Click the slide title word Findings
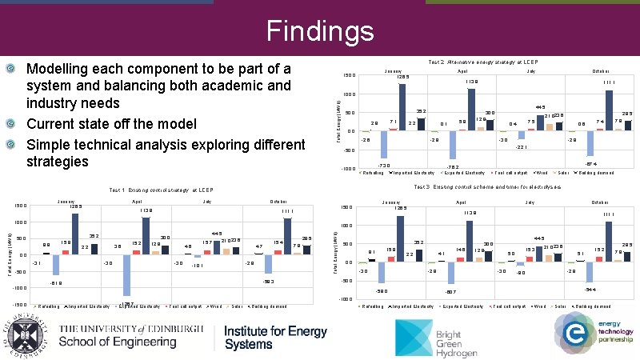tap(320, 31)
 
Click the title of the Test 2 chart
tap(486, 61)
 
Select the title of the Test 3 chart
tap(486, 187)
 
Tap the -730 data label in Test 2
tap(383, 165)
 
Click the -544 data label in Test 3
tap(590, 289)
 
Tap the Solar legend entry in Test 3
tap(561, 307)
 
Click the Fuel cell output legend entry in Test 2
tap(510, 173)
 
